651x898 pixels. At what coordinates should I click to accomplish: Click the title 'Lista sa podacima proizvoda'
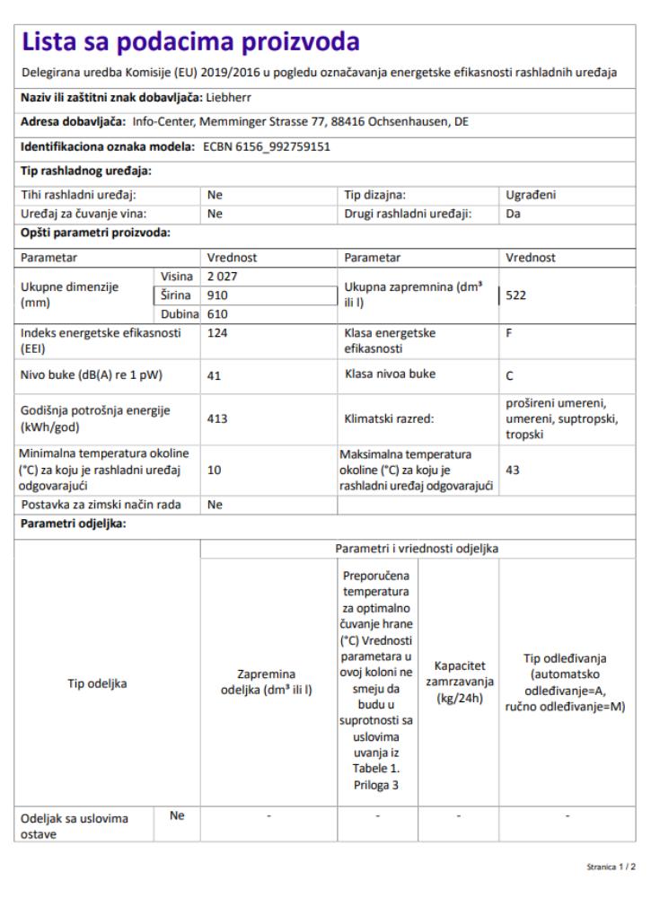[x=190, y=41]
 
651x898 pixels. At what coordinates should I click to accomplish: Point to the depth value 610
[x=218, y=313]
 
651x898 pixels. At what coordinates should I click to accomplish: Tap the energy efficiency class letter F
[x=510, y=332]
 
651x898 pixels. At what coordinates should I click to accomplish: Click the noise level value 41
[x=215, y=376]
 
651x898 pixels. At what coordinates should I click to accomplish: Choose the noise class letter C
[x=510, y=376]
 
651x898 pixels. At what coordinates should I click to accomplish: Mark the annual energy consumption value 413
[x=218, y=418]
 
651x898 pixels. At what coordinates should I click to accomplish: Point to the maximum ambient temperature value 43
[x=514, y=469]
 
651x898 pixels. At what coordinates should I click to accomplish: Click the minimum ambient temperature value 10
[x=215, y=469]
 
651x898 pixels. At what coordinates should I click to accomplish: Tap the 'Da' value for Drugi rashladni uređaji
[x=514, y=214]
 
